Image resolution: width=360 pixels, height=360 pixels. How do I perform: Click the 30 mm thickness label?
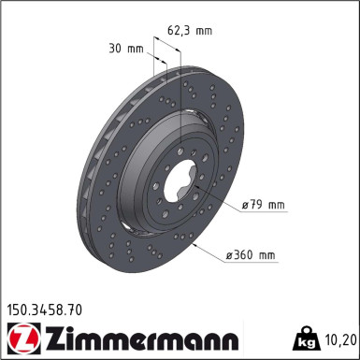pyautogui.click(x=126, y=47)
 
